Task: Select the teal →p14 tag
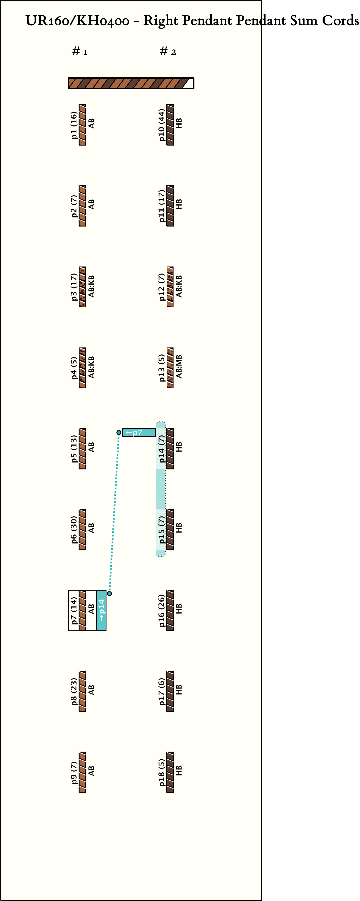point(101,610)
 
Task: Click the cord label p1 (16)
point(74,125)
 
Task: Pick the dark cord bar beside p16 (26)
point(170,610)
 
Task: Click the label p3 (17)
point(74,287)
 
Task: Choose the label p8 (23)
point(74,691)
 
